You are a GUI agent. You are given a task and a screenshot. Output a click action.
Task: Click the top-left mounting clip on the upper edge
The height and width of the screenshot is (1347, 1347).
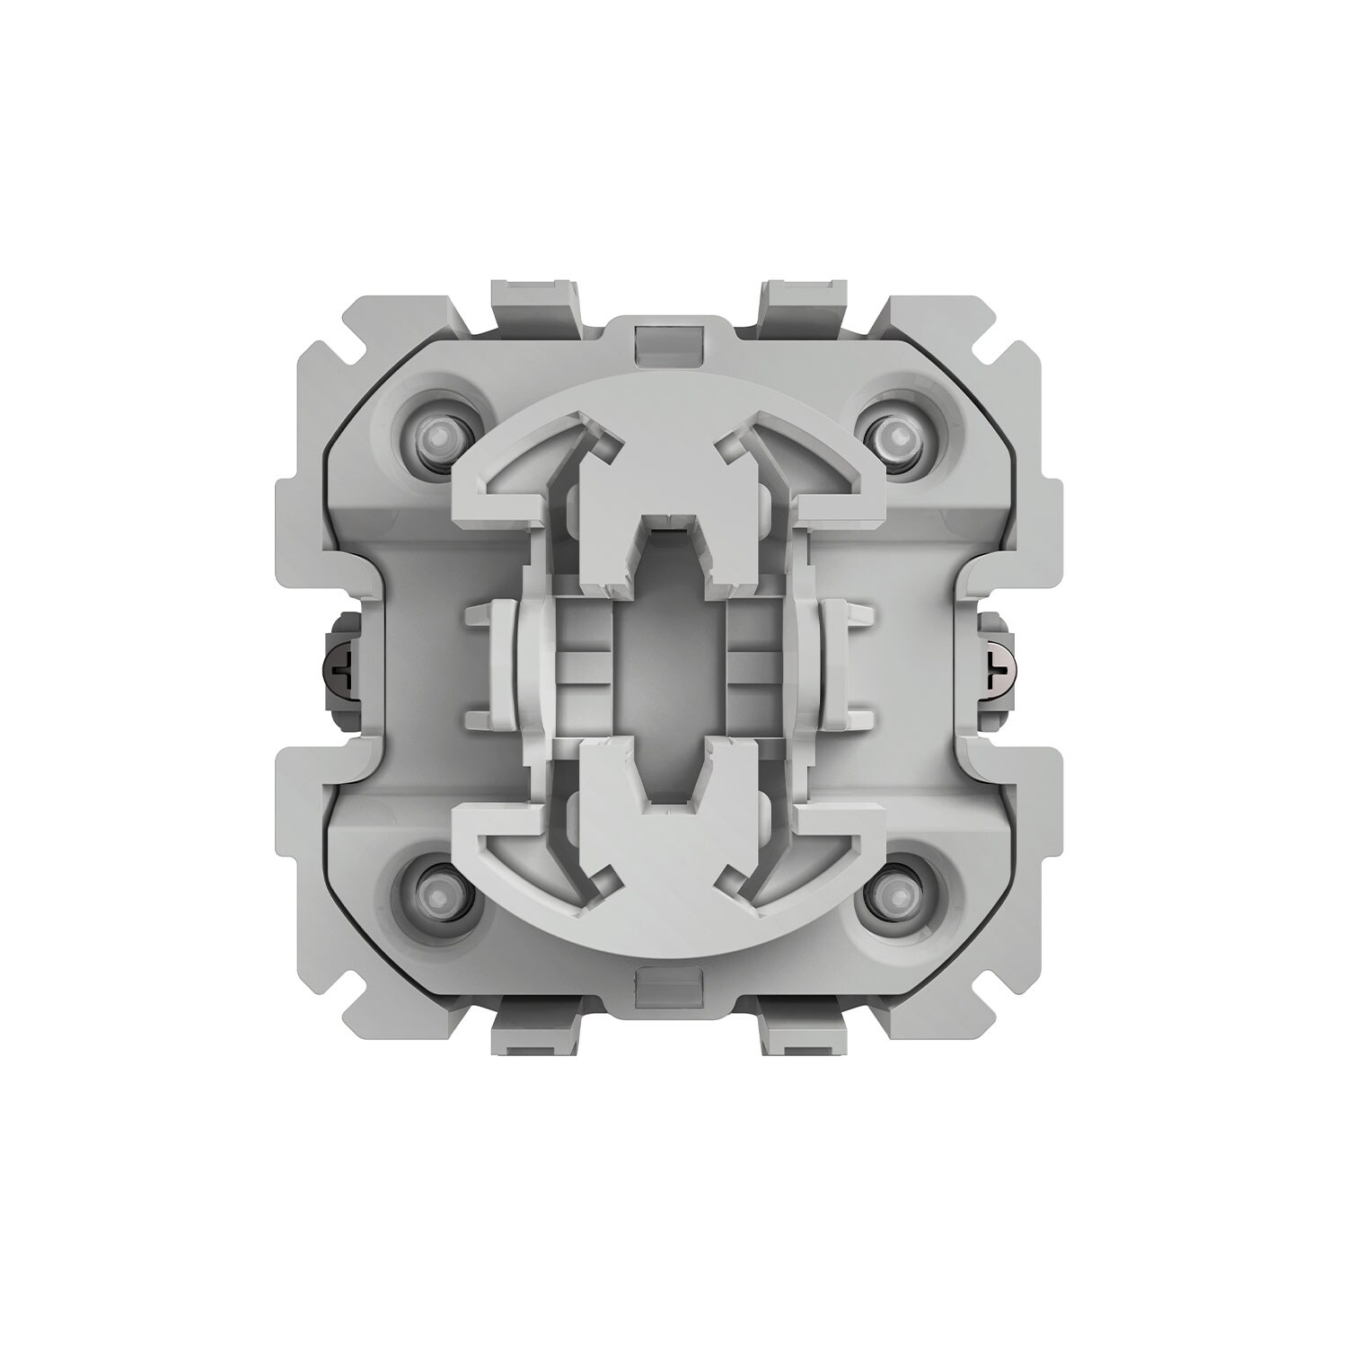[533, 301]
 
